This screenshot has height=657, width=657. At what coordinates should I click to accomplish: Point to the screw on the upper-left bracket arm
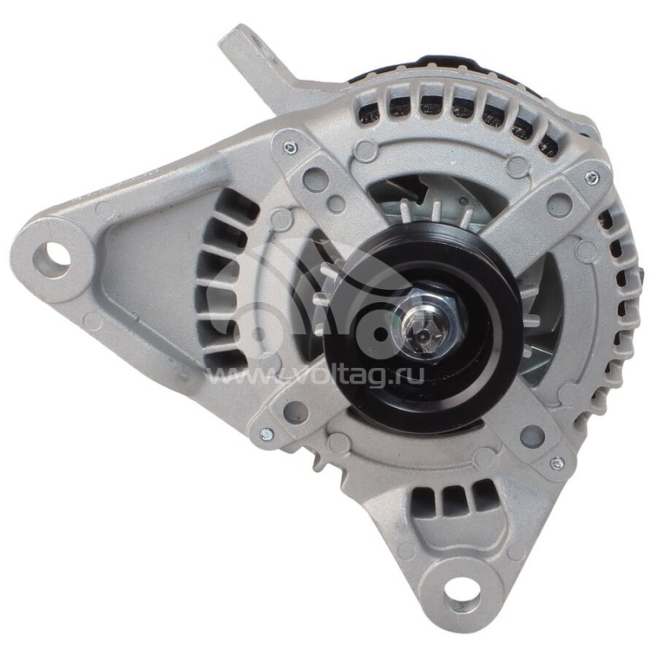(x=290, y=148)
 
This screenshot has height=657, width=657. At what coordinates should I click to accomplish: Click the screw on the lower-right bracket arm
(x=558, y=462)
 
